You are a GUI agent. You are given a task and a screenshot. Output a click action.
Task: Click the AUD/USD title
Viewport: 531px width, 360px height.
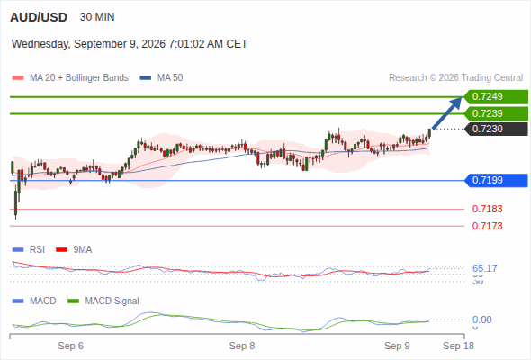coord(39,17)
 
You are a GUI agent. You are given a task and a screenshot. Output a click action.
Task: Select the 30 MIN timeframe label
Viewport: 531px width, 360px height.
coord(97,17)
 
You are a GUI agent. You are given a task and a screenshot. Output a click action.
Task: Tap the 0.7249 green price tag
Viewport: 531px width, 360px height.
coord(496,96)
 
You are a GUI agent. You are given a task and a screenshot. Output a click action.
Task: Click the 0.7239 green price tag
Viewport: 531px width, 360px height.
coord(496,113)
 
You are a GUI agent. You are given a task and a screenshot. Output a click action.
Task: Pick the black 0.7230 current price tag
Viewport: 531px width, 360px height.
coord(496,129)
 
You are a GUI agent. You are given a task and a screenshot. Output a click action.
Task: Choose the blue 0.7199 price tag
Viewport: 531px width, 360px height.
coord(496,180)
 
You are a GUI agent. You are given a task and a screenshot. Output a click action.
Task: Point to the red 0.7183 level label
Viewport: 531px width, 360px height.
coord(487,209)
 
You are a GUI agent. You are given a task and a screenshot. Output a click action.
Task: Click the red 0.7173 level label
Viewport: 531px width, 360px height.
coord(487,226)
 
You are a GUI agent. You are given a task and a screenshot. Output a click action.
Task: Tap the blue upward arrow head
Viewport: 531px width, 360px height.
coord(456,103)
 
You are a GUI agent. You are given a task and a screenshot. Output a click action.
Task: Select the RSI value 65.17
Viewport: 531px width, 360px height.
coord(485,268)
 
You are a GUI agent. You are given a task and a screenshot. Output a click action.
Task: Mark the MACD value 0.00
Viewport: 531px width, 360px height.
coord(481,319)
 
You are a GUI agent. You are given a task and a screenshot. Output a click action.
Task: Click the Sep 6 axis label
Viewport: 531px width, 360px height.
coord(70,346)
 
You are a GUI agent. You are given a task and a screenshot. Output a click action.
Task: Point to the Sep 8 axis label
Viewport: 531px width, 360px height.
coord(242,346)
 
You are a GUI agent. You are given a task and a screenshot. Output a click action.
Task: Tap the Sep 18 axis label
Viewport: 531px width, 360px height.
coord(458,346)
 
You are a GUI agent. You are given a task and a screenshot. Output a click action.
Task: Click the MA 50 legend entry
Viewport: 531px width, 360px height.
coord(161,78)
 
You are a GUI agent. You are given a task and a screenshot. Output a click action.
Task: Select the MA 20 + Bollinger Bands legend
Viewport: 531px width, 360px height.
coord(70,78)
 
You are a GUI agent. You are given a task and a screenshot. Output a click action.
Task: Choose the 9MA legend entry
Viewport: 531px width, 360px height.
coord(74,249)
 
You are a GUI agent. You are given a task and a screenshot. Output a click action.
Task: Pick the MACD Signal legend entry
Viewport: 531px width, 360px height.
coord(103,301)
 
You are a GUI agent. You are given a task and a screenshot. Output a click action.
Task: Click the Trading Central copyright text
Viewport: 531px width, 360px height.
coord(455,78)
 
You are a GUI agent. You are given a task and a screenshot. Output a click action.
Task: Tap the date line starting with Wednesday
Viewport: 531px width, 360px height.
coord(130,44)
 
